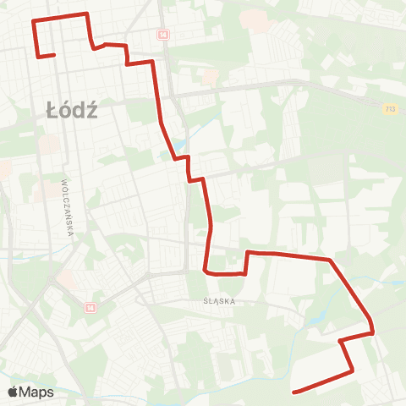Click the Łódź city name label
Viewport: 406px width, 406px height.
coord(71,110)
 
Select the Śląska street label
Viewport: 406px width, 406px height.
coord(218,300)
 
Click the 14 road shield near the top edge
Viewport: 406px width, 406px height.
coord(162,34)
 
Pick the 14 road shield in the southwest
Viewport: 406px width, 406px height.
coord(90,308)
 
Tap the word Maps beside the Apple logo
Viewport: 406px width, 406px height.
coord(37,392)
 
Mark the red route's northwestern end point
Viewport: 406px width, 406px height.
coord(54,56)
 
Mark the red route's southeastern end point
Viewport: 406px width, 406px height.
coord(293,392)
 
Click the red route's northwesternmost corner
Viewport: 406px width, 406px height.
coord(33,20)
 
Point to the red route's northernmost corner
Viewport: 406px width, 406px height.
coord(86,14)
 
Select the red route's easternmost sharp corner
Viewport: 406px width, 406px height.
coord(372,332)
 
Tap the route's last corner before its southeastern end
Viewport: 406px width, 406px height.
coord(352,370)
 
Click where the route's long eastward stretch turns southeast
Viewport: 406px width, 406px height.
coord(329,260)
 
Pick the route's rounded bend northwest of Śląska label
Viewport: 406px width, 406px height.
coord(206,272)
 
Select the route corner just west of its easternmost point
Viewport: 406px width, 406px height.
coord(340,341)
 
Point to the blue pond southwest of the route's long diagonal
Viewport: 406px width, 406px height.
coord(318,320)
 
